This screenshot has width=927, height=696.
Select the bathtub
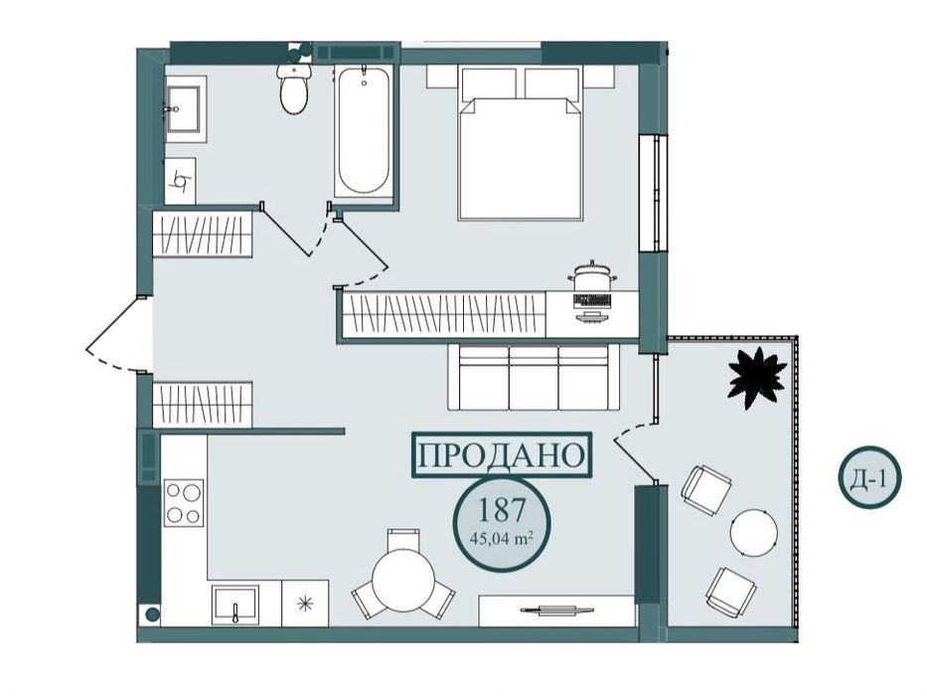point(363,131)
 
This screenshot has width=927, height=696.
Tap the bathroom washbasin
point(184,109)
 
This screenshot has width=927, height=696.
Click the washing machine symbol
point(180,181)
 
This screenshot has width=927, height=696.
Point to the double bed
point(521,142)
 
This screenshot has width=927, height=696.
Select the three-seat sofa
point(534,377)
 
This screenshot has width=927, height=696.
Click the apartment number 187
point(502,510)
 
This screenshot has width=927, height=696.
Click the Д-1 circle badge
point(869,476)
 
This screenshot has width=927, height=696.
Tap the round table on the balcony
point(754,532)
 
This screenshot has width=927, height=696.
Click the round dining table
point(404,580)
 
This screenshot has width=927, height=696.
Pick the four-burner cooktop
point(184,502)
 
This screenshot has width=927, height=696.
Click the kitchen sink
point(234,605)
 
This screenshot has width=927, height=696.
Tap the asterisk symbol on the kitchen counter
point(305,604)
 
